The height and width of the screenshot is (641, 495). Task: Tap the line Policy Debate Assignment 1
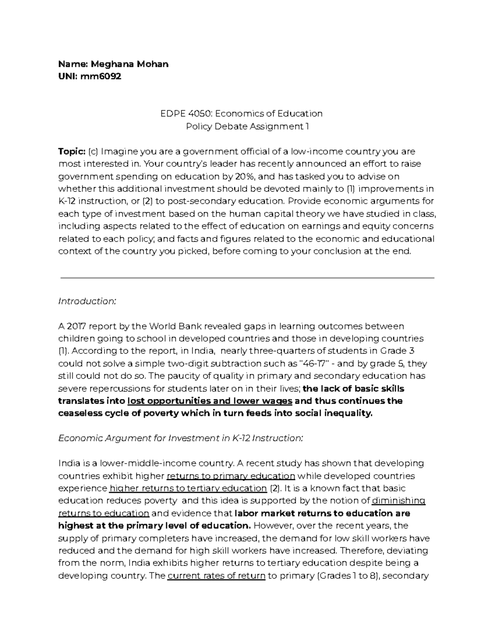point(247,126)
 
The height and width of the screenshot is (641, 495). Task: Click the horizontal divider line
point(247,278)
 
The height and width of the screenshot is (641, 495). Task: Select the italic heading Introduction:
point(87,301)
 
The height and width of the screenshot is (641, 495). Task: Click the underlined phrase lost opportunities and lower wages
point(210,401)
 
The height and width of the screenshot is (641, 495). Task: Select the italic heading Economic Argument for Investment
point(180,438)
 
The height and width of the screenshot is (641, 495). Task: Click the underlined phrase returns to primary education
point(231,476)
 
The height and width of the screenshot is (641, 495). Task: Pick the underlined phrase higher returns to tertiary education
point(188,488)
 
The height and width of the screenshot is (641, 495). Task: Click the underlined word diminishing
point(398,501)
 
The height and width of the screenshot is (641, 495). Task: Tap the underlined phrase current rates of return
point(216,576)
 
